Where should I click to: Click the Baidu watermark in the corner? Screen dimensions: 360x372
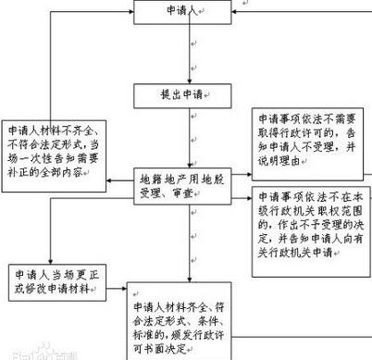37,352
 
